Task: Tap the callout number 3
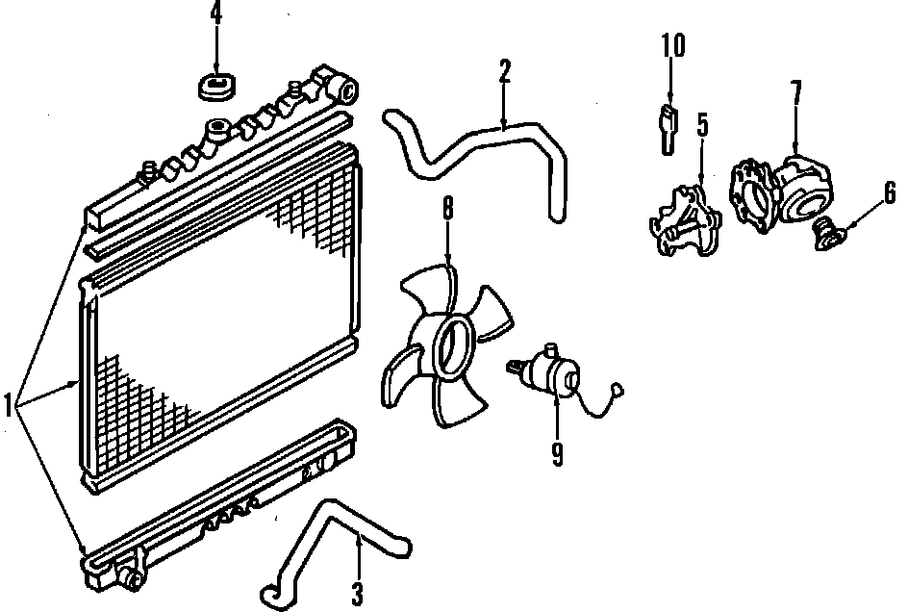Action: tap(357, 594)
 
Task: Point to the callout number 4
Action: tap(215, 14)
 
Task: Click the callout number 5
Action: tap(702, 125)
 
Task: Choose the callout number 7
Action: tap(795, 93)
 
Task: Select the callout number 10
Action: tap(672, 45)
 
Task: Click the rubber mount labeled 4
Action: tap(216, 87)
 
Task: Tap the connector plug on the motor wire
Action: tap(620, 392)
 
